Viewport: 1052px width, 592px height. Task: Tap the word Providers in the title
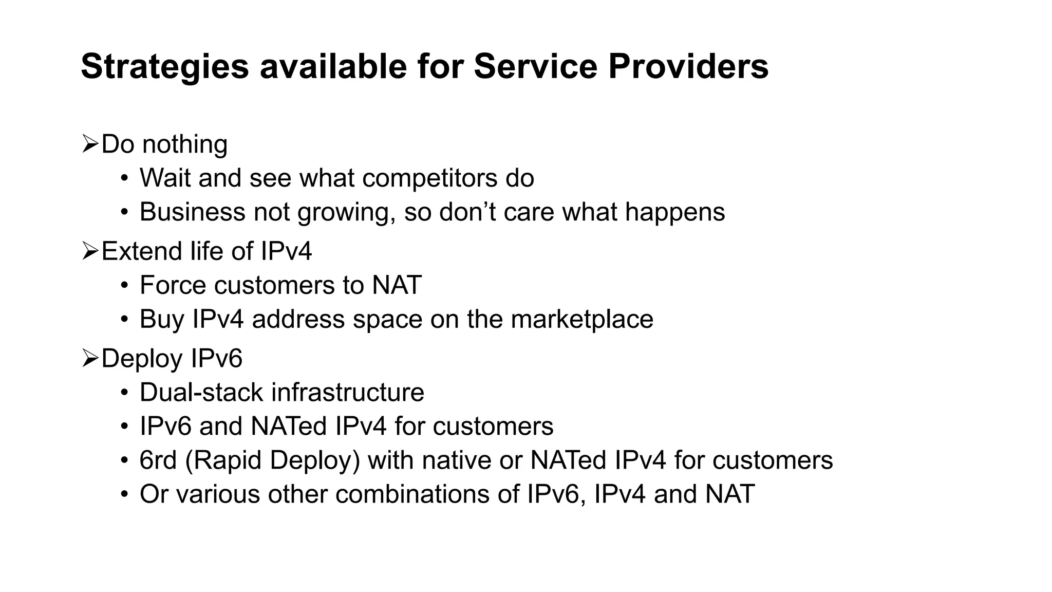[688, 67]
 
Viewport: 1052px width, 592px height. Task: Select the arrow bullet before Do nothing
[90, 144]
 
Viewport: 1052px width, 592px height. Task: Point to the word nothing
[185, 144]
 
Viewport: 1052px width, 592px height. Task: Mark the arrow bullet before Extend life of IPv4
[90, 251]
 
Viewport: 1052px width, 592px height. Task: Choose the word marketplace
[582, 320]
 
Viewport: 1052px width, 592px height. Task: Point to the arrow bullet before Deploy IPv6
[90, 358]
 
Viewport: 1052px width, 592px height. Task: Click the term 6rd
[158, 460]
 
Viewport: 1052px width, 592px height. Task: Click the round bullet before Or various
[124, 494]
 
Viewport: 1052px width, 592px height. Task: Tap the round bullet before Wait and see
[124, 178]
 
